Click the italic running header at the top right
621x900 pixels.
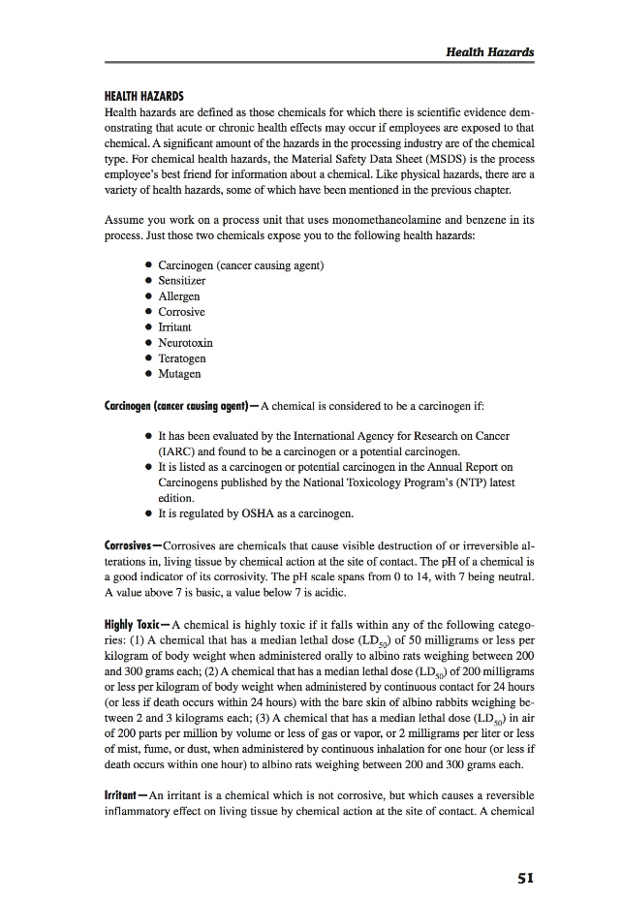click(489, 51)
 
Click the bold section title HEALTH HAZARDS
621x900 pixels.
click(144, 97)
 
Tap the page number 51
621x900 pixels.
click(525, 878)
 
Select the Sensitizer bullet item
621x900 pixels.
click(182, 280)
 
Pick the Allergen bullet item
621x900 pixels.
click(179, 295)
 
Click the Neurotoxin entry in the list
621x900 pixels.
click(185, 342)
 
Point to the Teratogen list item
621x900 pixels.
click(182, 357)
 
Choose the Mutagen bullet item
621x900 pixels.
click(180, 373)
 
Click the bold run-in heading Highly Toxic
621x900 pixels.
click(135, 626)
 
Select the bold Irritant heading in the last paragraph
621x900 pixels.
click(124, 793)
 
